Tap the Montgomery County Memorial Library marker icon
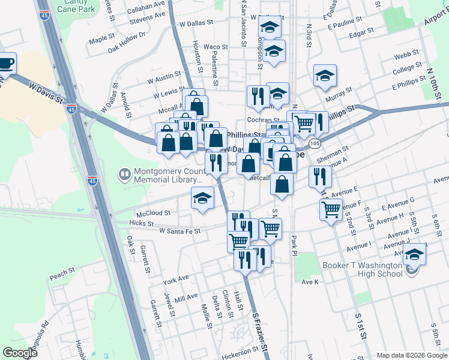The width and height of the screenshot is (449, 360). (x=124, y=175)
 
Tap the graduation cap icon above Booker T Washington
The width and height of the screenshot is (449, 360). (x=414, y=254)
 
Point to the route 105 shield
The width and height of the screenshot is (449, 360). (x=315, y=144)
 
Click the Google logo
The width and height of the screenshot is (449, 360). (x=20, y=353)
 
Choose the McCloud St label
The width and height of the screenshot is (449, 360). (x=153, y=212)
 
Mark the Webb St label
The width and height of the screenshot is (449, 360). (x=402, y=56)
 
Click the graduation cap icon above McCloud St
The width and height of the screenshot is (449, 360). (x=203, y=198)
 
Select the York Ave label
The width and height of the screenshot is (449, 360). (x=176, y=280)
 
